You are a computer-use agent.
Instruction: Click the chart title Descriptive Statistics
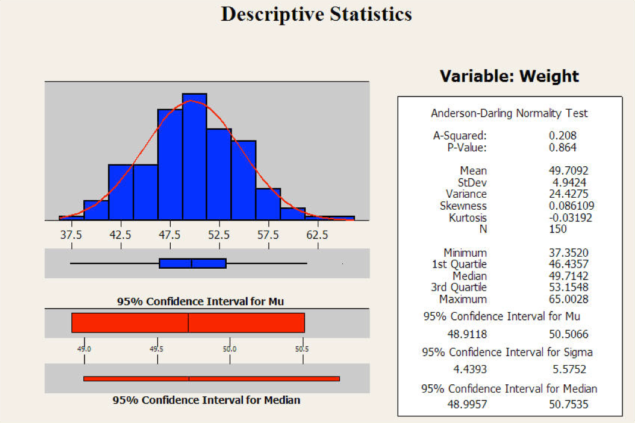pyautogui.click(x=316, y=14)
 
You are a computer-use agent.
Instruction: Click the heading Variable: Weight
pyautogui.click(x=509, y=76)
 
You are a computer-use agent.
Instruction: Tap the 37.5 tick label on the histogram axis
pyautogui.click(x=71, y=235)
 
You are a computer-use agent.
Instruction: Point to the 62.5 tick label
pyautogui.click(x=317, y=235)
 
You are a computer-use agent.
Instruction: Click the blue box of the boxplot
pyautogui.click(x=192, y=263)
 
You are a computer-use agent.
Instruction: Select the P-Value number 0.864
pyautogui.click(x=562, y=148)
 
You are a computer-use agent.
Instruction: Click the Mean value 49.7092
pyautogui.click(x=568, y=171)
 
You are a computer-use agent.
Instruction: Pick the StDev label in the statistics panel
pyautogui.click(x=473, y=182)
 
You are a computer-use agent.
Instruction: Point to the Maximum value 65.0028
pyautogui.click(x=568, y=299)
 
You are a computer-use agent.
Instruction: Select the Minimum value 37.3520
pyautogui.click(x=568, y=253)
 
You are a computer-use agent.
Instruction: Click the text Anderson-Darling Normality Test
pyautogui.click(x=509, y=113)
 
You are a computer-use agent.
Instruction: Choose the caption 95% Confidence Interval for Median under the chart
pyautogui.click(x=207, y=400)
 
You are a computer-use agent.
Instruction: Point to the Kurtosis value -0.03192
pyautogui.click(x=570, y=217)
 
